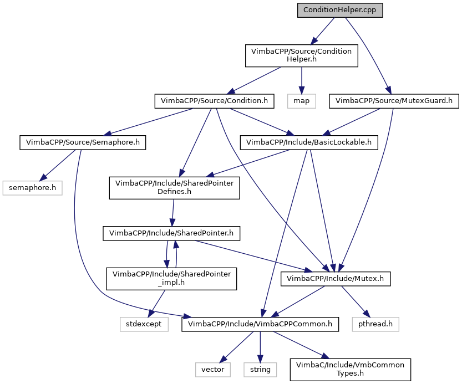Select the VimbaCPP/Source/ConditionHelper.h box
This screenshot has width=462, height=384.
point(301,55)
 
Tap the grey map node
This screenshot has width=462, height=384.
point(301,101)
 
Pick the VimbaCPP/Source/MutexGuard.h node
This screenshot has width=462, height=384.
point(394,101)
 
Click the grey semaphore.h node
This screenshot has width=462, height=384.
point(32,188)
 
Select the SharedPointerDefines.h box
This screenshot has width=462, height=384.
point(174,188)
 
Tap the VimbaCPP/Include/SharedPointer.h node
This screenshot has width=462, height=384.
point(171,233)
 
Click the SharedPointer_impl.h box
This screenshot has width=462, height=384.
point(171,279)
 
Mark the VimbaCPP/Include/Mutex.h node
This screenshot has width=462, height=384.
point(336,279)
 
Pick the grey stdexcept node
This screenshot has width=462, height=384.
point(144,324)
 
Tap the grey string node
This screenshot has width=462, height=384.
point(260,369)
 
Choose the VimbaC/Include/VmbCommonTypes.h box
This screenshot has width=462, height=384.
point(350,369)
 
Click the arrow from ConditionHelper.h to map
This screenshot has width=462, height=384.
point(301,80)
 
